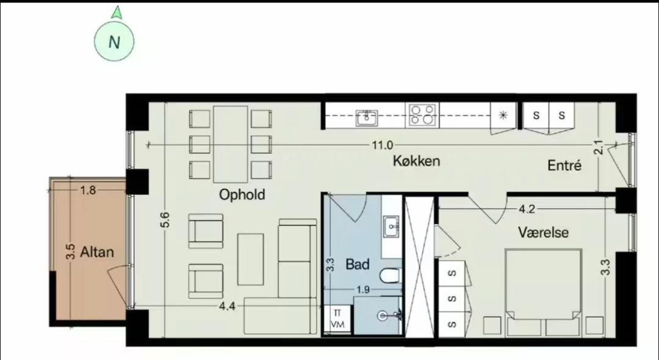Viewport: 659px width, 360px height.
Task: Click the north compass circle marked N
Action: [114, 41]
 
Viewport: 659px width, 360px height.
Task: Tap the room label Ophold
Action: [242, 195]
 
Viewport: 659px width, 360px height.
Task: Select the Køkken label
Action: [417, 160]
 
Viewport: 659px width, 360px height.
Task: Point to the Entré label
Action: [564, 165]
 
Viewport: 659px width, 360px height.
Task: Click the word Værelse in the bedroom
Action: [543, 232]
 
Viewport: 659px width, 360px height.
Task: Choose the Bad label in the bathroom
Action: [357, 264]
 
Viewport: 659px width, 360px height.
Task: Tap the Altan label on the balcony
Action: [96, 251]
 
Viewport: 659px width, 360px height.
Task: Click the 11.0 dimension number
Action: [382, 145]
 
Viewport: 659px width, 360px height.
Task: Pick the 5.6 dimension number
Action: [165, 220]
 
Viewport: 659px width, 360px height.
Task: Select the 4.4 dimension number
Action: [227, 306]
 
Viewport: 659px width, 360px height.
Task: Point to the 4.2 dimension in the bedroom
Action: [527, 209]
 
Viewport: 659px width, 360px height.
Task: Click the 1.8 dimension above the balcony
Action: [88, 190]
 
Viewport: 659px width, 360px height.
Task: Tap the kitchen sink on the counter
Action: [367, 118]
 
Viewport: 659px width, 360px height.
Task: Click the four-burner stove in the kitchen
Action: [422, 115]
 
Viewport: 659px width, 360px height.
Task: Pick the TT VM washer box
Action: [337, 319]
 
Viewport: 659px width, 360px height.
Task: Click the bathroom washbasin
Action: [392, 227]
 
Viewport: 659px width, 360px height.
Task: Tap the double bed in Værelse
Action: [544, 292]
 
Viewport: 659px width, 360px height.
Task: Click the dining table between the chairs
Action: [230, 144]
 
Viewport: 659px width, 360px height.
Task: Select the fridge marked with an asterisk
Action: [503, 115]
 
